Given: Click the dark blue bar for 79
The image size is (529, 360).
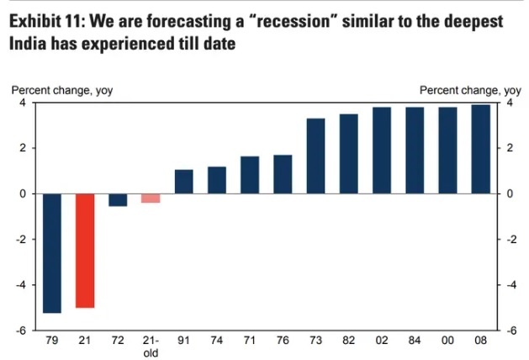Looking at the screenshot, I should [x=52, y=252].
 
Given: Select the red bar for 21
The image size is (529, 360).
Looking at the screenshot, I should [x=85, y=250].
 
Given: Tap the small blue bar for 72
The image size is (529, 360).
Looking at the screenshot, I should [x=118, y=199].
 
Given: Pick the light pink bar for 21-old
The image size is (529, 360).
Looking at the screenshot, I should [x=151, y=198].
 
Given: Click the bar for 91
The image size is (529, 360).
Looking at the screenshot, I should [x=183, y=182].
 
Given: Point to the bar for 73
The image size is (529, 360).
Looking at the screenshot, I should [x=315, y=156].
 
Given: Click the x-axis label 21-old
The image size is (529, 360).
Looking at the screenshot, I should [x=151, y=347].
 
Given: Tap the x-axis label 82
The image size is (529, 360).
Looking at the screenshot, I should [x=348, y=342].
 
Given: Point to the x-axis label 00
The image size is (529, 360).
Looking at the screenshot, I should [x=447, y=342].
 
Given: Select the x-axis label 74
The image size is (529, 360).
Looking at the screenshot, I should [x=217, y=342].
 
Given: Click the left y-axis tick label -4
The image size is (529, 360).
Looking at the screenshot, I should [x=21, y=285].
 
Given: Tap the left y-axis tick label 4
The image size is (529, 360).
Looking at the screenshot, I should [x=23, y=103].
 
